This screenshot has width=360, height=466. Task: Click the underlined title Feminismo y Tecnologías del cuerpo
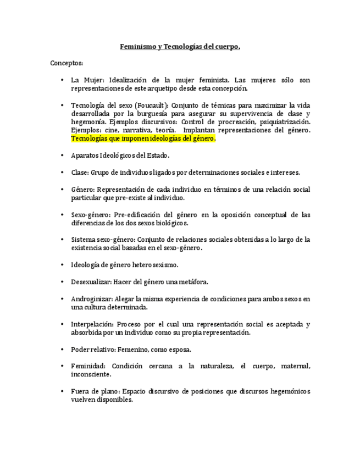pos(180,47)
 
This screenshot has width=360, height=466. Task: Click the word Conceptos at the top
pos(67,63)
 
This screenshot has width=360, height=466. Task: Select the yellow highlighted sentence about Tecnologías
pos(143,138)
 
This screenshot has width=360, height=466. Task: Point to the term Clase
pos(79,173)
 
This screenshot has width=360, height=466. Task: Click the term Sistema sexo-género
pos(102,240)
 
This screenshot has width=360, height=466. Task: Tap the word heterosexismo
pos(156,265)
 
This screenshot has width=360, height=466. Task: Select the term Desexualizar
pos(91,282)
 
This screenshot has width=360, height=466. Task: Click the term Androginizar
pos(92,299)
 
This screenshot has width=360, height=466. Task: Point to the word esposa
pos(180,349)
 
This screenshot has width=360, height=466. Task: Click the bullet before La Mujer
pos(63,80)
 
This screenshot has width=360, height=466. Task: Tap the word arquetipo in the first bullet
pos(174,88)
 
